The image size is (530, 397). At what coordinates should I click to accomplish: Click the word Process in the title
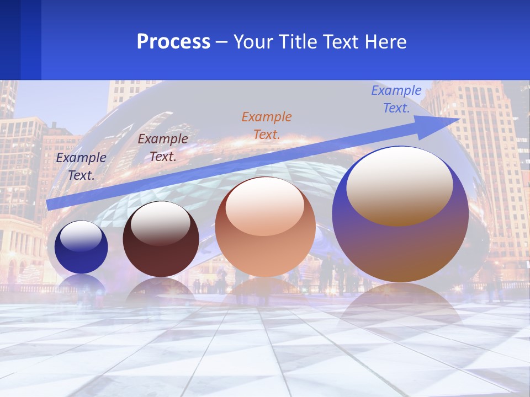pos(173,42)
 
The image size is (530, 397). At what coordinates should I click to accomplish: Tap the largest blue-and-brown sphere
pos(400,248)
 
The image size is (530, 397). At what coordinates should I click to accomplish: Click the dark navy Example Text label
pos(81,167)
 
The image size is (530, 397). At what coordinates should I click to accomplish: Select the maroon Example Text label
pos(163,148)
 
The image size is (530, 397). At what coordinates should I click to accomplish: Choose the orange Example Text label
pos(267,125)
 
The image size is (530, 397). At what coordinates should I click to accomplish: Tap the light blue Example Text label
pos(396,99)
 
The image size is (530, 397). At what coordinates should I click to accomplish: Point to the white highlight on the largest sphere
pos(399,185)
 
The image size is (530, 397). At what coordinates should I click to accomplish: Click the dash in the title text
pos(222,42)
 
